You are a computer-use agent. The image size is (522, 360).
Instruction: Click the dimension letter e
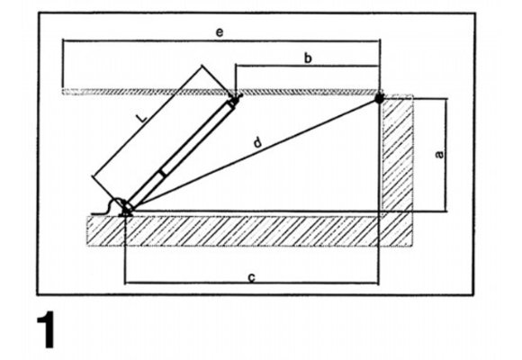point(220,32)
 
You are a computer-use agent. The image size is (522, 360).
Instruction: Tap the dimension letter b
point(308,58)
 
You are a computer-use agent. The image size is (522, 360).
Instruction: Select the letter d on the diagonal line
point(257,143)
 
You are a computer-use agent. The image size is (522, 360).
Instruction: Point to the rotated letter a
point(439,155)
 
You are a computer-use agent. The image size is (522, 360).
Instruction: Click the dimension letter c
point(252,277)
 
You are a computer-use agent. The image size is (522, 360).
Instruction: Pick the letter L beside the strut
point(142,118)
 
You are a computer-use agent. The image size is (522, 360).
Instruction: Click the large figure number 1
point(46,329)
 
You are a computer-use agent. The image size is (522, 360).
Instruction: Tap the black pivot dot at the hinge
point(379,98)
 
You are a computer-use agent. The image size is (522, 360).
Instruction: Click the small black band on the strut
point(163,173)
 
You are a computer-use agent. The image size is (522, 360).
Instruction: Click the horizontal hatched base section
point(249,231)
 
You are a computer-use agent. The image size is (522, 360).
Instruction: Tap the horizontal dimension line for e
point(221,41)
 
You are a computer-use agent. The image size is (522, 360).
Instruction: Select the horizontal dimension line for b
point(307,67)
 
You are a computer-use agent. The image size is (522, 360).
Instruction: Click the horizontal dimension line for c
point(251,283)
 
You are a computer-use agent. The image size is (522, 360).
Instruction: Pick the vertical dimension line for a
point(446,155)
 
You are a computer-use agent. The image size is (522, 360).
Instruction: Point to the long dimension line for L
point(148,121)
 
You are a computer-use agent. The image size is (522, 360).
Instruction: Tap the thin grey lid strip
point(222,92)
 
